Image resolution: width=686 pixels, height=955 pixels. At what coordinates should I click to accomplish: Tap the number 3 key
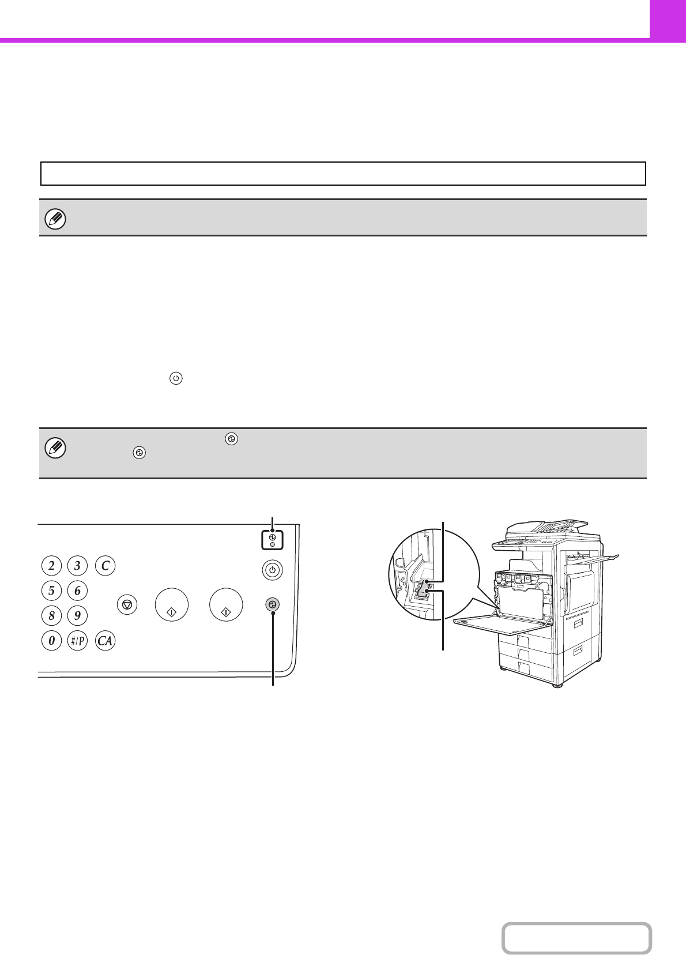click(x=77, y=566)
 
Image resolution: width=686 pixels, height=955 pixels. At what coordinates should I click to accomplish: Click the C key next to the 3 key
click(x=105, y=566)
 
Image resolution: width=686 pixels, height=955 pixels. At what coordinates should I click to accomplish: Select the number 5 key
click(x=51, y=591)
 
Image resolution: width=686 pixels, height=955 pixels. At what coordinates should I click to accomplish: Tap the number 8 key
click(x=51, y=616)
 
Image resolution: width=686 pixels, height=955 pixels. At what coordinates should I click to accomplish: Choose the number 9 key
click(x=77, y=616)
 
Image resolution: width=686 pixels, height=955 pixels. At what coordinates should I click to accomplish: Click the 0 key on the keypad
click(x=51, y=641)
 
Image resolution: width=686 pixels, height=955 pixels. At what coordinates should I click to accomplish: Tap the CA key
click(x=105, y=641)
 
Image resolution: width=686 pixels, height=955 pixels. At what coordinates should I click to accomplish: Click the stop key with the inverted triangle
click(x=127, y=604)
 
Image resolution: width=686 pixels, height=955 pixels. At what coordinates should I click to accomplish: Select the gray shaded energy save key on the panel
click(x=272, y=604)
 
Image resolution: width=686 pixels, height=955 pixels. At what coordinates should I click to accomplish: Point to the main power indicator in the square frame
click(x=272, y=540)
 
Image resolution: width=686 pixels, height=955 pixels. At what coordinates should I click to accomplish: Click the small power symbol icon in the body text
click(x=176, y=378)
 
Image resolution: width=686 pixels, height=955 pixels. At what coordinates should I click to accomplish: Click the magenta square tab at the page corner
click(x=668, y=19)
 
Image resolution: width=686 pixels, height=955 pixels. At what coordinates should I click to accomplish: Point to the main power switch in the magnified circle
click(x=424, y=591)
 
